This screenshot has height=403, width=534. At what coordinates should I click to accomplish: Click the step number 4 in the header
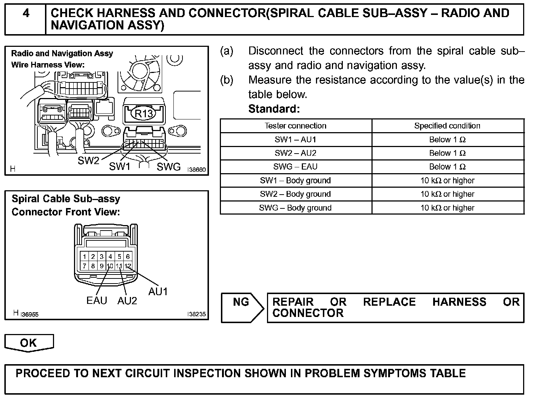point(26,14)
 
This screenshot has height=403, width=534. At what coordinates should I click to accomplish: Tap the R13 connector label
point(144,114)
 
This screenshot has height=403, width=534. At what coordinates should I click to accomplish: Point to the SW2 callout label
point(88,161)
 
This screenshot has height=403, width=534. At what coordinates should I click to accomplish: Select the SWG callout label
point(169,167)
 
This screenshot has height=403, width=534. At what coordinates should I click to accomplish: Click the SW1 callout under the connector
point(120,167)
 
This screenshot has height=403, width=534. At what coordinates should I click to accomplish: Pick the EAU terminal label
point(97,301)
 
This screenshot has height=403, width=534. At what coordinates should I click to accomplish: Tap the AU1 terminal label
point(158,291)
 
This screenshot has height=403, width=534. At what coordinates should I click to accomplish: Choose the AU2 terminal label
point(127,301)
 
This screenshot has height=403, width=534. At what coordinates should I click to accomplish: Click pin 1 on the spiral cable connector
point(85,257)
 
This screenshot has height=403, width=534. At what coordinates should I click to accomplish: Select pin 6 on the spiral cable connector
point(128,257)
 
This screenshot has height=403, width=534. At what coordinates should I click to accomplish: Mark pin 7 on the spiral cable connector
point(85,266)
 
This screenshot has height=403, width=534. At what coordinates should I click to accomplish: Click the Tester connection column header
point(296,126)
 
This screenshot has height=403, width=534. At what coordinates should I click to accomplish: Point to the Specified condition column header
point(447,126)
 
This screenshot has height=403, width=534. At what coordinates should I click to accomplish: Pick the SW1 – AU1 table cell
point(296,140)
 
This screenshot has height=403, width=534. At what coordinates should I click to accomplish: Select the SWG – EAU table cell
point(296,167)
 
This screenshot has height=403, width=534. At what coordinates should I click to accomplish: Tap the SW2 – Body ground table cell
point(296,194)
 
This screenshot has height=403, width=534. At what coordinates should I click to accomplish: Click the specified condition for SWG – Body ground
point(447,208)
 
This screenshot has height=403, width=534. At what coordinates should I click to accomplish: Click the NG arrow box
point(242,307)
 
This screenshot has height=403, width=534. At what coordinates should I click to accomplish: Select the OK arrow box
point(29,343)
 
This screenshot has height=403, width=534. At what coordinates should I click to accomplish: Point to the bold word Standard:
point(274,109)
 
